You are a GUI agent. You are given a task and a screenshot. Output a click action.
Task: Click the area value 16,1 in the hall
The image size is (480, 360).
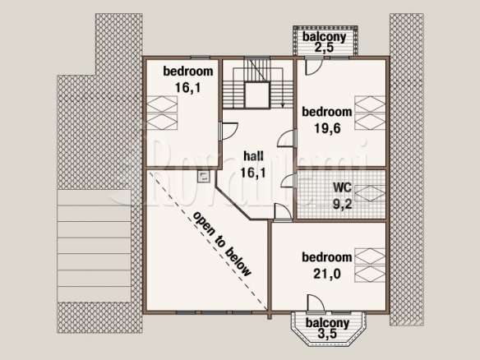(x=253, y=173)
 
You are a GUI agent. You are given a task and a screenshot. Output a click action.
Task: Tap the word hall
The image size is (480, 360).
(x=253, y=156)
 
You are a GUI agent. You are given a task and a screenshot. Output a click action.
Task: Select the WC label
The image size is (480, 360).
(x=343, y=187)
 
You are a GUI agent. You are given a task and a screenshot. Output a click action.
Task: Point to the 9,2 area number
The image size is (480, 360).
(x=343, y=204)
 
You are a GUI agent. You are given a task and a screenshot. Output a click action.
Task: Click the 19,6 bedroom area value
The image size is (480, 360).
(x=328, y=128)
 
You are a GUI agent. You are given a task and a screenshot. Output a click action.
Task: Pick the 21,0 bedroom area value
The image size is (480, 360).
(x=327, y=274)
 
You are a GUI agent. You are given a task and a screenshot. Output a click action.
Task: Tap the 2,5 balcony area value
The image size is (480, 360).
(x=324, y=48)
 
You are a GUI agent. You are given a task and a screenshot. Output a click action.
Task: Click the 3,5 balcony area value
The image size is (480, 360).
(x=327, y=334)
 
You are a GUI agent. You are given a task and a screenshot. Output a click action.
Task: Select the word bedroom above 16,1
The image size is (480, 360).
(x=188, y=71)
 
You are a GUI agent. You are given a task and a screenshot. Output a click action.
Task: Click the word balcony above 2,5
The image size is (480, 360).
(x=324, y=37)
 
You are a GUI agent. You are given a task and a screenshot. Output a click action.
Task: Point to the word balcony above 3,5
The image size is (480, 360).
(x=327, y=323)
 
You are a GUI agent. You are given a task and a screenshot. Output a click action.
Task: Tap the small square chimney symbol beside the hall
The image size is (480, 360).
(x=203, y=176)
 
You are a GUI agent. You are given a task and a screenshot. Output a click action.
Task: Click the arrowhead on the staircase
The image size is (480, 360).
(x=283, y=105)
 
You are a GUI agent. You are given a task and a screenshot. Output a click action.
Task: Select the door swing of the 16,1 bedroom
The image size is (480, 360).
(x=229, y=131)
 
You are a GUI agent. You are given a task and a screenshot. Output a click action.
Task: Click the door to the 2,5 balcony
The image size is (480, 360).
(x=314, y=67)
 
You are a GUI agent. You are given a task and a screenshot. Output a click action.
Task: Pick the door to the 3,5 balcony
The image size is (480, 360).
(x=316, y=303)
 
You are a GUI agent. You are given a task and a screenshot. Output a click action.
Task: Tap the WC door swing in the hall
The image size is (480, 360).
(x=288, y=180)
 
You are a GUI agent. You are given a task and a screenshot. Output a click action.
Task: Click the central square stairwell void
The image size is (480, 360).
(x=257, y=95)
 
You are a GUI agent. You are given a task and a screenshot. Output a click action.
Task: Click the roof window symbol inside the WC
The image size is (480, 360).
(x=370, y=194)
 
